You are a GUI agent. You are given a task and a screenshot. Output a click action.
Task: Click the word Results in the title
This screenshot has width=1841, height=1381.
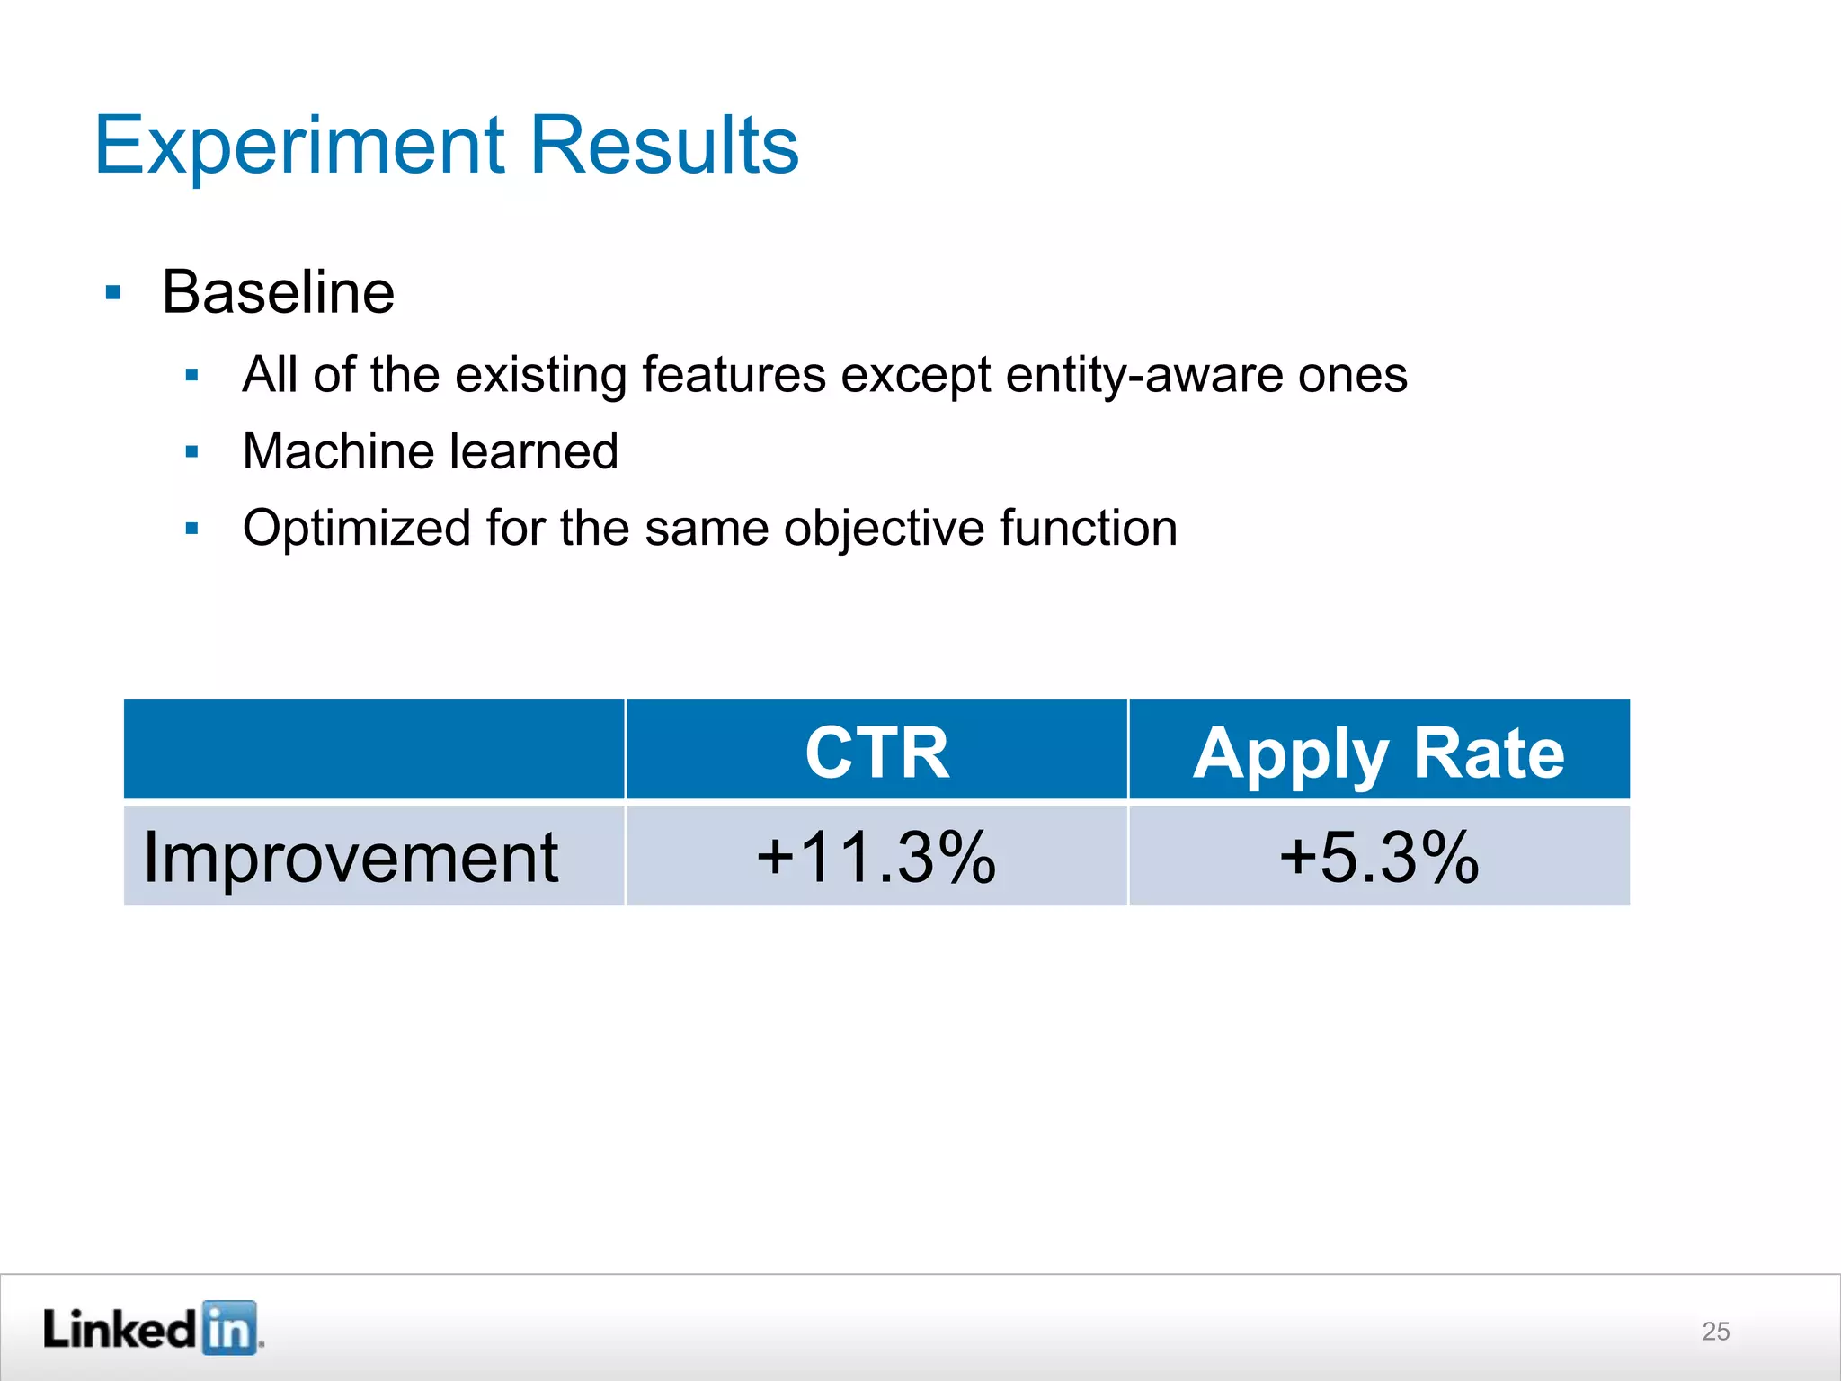pos(663,146)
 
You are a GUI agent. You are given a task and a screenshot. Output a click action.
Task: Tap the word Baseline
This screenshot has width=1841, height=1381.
pos(278,292)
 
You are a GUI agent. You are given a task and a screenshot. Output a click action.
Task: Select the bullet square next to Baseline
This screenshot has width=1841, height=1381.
pos(112,293)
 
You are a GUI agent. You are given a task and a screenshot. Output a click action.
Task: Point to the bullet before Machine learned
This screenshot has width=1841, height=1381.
pos(191,451)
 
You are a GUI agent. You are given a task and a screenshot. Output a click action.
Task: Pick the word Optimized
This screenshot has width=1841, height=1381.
pos(356,528)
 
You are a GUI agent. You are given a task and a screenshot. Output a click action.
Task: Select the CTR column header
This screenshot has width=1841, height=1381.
pos(876,752)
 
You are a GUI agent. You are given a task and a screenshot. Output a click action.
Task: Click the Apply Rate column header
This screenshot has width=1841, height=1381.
pos(1378,752)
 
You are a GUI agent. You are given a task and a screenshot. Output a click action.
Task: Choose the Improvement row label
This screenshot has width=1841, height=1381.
pos(351,857)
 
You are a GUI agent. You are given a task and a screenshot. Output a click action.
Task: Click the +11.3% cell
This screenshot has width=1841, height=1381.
pos(876,857)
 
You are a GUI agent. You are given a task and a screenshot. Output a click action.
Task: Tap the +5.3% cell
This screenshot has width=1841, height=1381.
pos(1378,857)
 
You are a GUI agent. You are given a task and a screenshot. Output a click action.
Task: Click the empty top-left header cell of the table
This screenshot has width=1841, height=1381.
pos(374,749)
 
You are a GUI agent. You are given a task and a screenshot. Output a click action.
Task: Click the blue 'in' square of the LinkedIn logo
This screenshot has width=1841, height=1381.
pos(229,1327)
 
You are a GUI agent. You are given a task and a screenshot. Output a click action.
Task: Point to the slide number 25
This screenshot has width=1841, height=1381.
pos(1715,1331)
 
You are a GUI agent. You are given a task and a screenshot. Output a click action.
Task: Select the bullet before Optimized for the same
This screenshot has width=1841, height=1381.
pos(191,529)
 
